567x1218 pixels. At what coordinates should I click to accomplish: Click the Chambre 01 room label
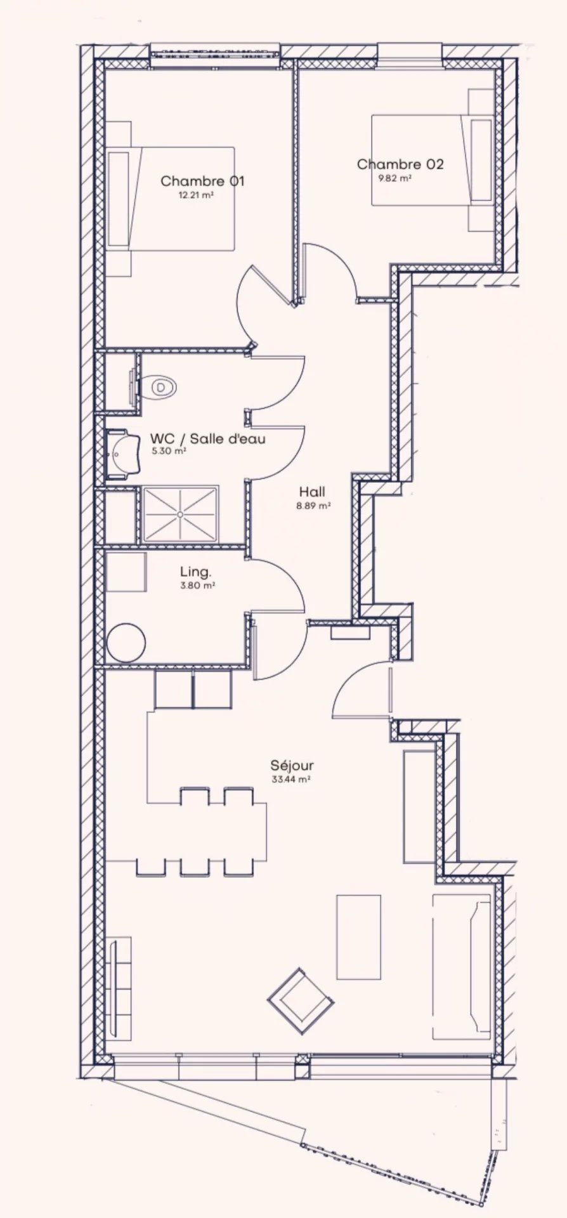202,181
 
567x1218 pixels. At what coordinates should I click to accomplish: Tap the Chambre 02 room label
400,164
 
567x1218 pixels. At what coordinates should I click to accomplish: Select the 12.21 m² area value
195,195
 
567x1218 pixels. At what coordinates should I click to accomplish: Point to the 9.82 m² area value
395,178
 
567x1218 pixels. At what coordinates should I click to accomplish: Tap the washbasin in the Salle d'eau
122,452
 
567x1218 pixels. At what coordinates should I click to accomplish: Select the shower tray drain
181,514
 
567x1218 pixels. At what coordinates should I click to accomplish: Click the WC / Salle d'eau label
207,438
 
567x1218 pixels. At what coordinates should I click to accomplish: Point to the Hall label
312,492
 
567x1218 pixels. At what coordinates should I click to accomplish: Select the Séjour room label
292,766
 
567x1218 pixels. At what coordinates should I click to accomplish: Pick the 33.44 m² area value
290,780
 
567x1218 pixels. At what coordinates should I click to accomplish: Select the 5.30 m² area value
169,452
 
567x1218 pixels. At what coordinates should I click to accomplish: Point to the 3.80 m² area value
197,586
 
